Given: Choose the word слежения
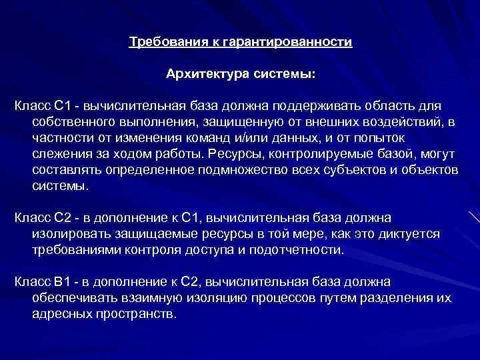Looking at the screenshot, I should (58, 153).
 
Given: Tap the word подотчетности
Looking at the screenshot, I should (303, 250).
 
